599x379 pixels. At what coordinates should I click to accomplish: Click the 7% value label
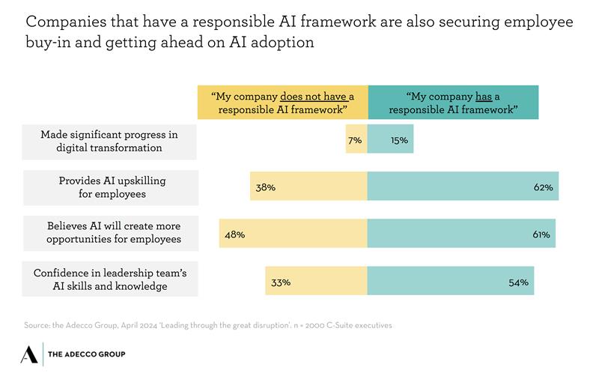point(355,140)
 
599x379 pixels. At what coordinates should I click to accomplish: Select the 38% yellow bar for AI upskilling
point(308,187)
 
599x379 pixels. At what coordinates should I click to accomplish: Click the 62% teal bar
point(463,187)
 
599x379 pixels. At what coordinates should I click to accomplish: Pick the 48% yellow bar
point(294,234)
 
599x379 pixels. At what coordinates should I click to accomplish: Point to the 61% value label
point(541,234)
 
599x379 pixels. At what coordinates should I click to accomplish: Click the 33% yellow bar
point(316,282)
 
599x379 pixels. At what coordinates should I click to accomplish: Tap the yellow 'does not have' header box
point(282,103)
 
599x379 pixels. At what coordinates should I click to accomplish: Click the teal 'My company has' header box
point(453,103)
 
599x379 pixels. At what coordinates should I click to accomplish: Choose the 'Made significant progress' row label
point(109,141)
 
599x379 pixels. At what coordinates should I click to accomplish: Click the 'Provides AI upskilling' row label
point(111,187)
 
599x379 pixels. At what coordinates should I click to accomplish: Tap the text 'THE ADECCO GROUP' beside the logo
point(86,354)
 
